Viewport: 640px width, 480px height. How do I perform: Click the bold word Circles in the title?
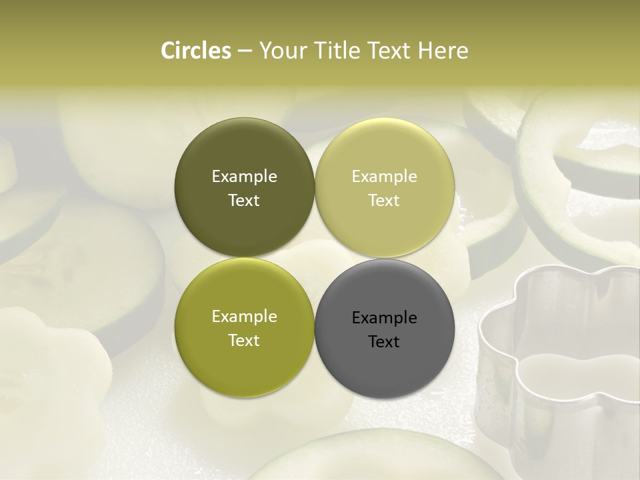(196, 51)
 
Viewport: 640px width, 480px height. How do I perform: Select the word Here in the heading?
(443, 51)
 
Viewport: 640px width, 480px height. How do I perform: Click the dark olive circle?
(244, 187)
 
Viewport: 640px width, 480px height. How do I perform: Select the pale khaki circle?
(384, 187)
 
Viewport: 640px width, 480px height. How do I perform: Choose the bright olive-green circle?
(244, 327)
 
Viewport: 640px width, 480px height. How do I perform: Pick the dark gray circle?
(384, 327)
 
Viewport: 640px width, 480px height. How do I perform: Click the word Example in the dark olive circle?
(244, 176)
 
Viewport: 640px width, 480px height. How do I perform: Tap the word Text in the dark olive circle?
(244, 200)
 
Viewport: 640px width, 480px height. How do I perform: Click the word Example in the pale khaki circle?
(384, 176)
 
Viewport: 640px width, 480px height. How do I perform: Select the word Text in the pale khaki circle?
(384, 200)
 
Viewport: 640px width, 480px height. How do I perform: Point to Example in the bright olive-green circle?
(244, 316)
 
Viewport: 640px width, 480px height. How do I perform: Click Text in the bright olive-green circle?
(244, 340)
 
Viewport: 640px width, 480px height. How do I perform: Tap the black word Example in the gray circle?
(384, 317)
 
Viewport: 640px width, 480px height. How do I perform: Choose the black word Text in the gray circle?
(384, 341)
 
